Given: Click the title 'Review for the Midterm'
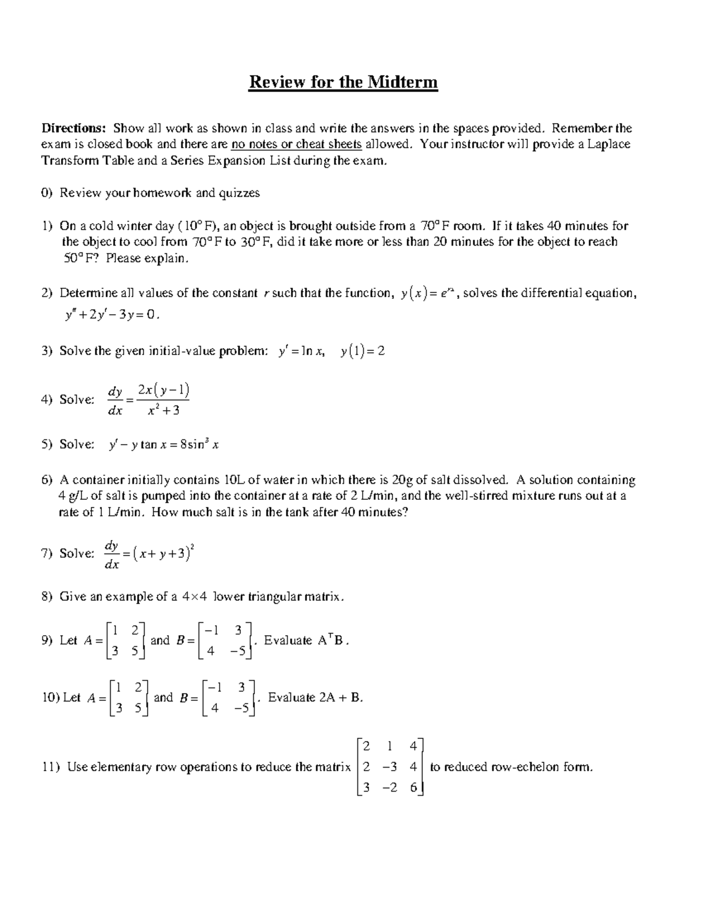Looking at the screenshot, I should (x=343, y=82).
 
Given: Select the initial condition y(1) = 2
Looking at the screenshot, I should (x=363, y=351).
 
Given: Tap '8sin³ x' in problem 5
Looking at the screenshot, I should (x=199, y=445).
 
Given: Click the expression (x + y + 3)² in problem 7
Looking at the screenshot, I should (x=163, y=553).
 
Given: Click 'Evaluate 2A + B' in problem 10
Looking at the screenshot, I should (x=315, y=698).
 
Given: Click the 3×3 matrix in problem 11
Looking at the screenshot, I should (x=390, y=767).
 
